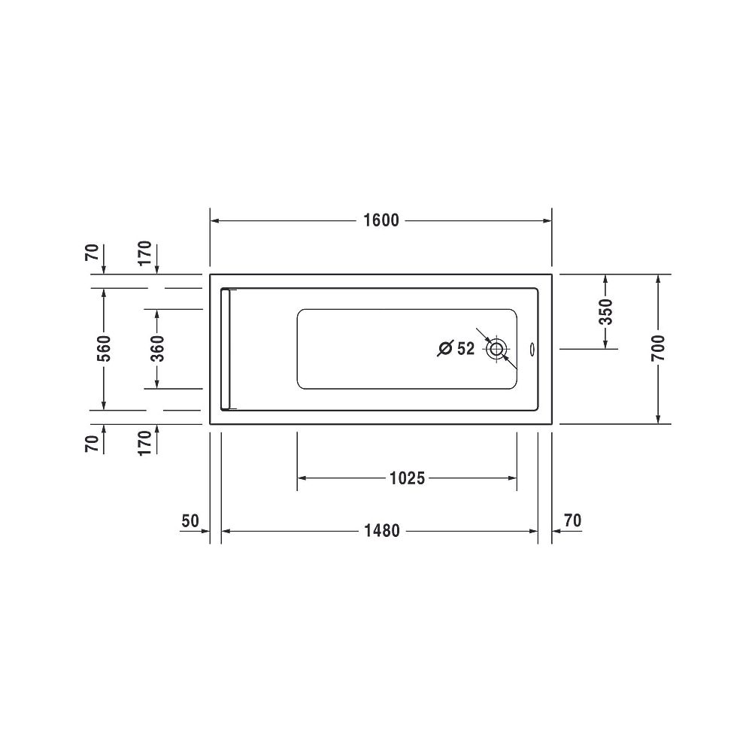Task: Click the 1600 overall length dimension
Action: click(x=381, y=220)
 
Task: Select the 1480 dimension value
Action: click(x=382, y=531)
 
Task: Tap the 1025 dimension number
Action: click(x=407, y=478)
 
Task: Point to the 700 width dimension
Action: click(x=659, y=349)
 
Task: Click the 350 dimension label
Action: click(x=606, y=312)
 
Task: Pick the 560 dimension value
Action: click(x=104, y=349)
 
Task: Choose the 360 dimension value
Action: click(x=157, y=349)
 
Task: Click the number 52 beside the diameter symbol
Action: click(x=465, y=349)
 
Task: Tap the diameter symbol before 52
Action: click(x=445, y=349)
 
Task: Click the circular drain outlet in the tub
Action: click(x=496, y=349)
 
